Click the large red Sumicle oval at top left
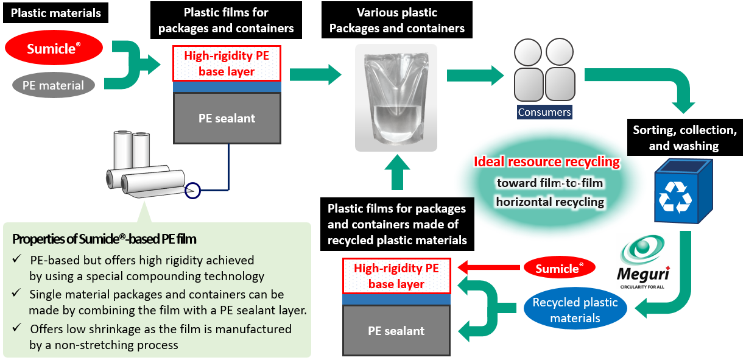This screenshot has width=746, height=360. (x=54, y=49)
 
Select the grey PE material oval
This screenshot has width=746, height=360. (x=53, y=85)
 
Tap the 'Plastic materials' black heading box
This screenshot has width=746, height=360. (x=56, y=13)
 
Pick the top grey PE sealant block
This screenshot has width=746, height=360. (x=227, y=118)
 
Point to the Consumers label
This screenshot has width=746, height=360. (x=544, y=112)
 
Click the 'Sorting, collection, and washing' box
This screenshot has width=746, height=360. (x=684, y=138)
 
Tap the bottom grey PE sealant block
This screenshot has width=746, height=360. (x=396, y=331)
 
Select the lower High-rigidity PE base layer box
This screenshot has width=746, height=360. (x=396, y=276)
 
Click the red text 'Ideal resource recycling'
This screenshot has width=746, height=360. (x=547, y=162)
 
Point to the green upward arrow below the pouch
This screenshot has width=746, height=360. (x=396, y=174)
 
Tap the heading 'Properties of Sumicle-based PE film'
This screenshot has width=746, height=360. (x=104, y=239)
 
